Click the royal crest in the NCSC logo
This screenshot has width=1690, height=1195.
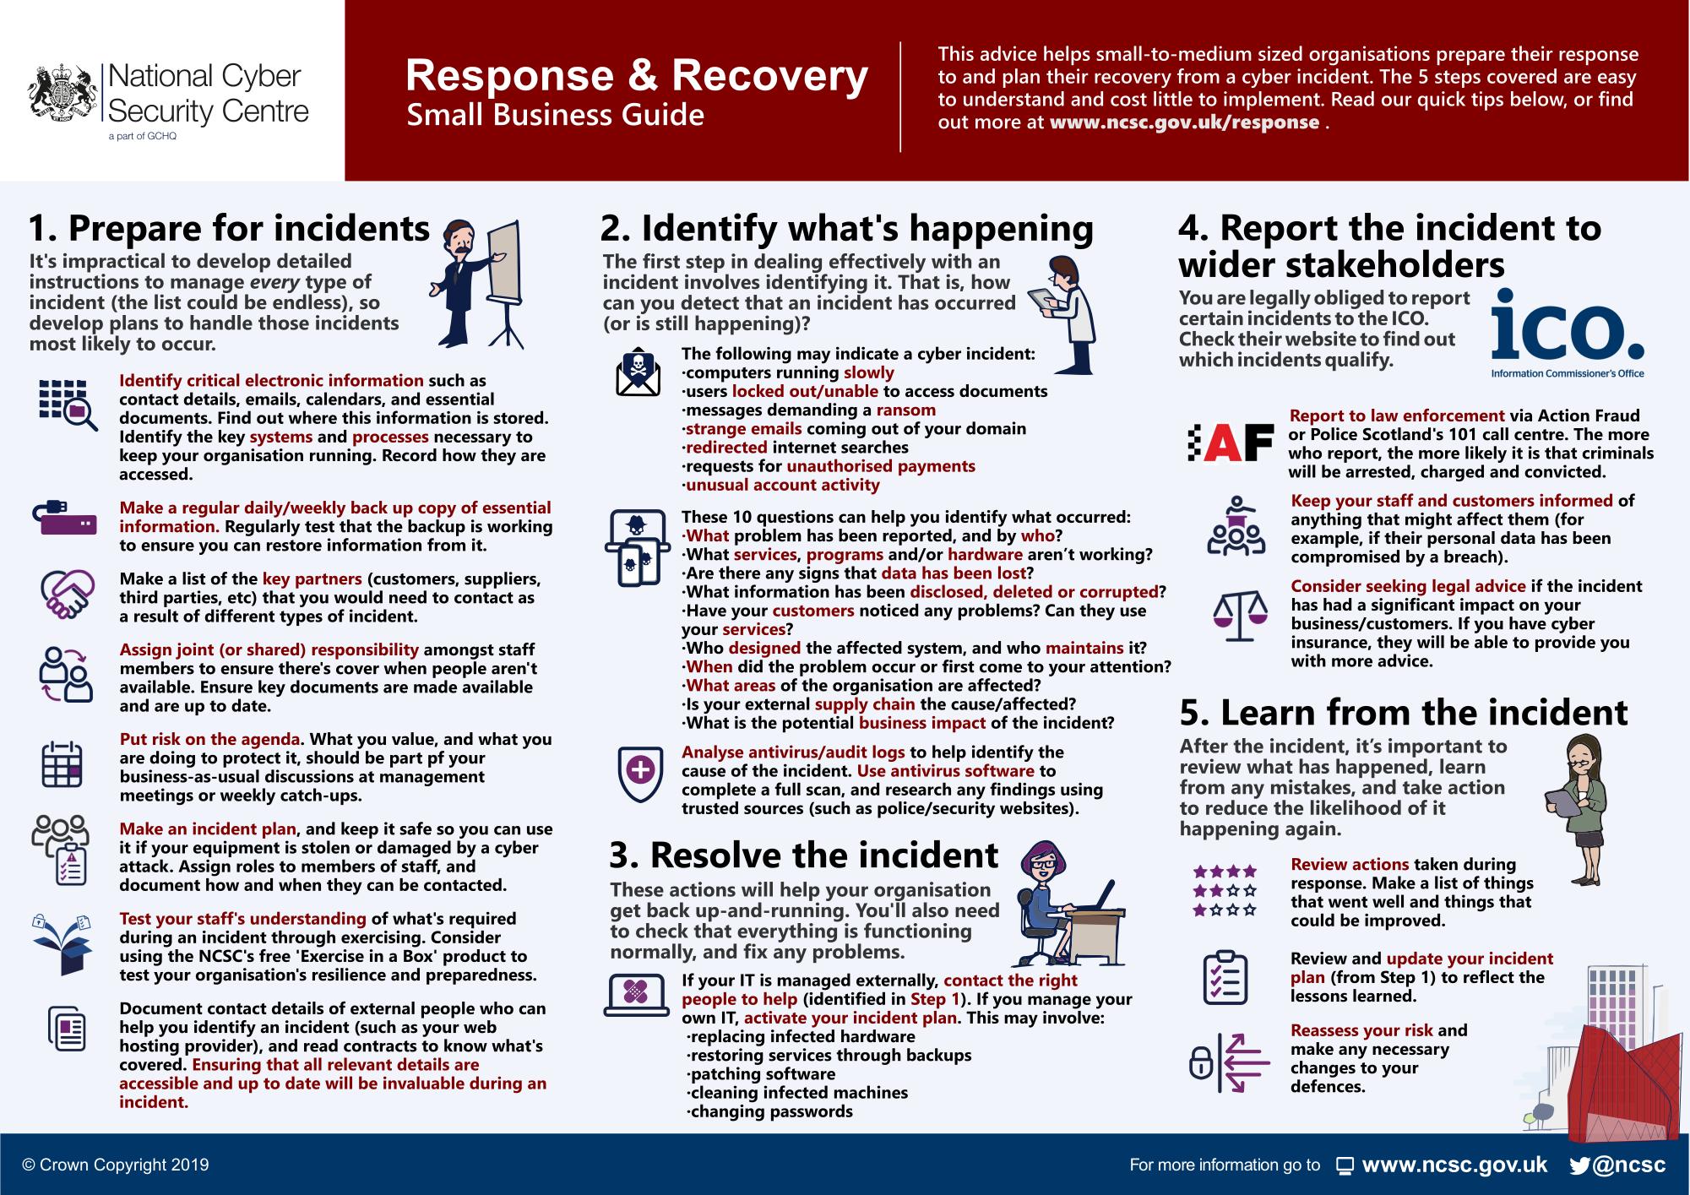pos(61,93)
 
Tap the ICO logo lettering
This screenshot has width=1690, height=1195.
pos(1568,330)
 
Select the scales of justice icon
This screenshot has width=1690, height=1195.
pos(1239,618)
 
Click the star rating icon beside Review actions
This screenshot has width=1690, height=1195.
pos(1224,890)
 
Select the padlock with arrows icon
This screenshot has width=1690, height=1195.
pos(1228,1062)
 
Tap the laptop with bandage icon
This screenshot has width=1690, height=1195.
pos(638,993)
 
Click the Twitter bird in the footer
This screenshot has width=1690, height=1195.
pos(1579,1166)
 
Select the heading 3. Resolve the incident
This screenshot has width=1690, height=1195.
pos(803,856)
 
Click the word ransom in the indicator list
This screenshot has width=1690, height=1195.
pos(905,410)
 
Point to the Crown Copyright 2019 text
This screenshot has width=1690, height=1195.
pos(116,1165)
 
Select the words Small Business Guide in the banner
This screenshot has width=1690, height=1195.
pos(555,115)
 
